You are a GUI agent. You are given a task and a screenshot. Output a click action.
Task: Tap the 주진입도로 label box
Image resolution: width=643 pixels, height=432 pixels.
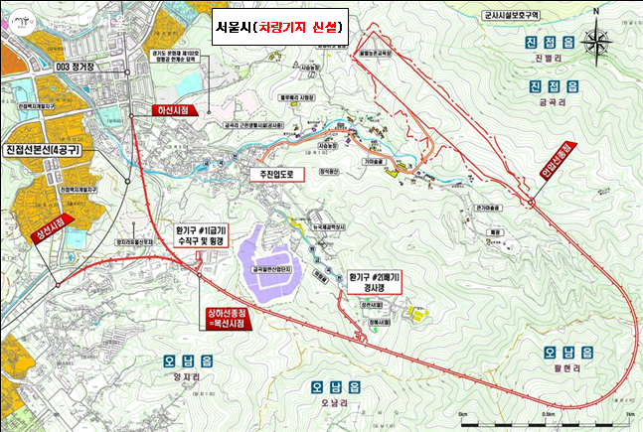[x=272, y=172]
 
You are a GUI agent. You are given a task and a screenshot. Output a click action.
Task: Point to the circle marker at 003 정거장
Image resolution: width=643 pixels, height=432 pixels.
[x=132, y=116]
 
